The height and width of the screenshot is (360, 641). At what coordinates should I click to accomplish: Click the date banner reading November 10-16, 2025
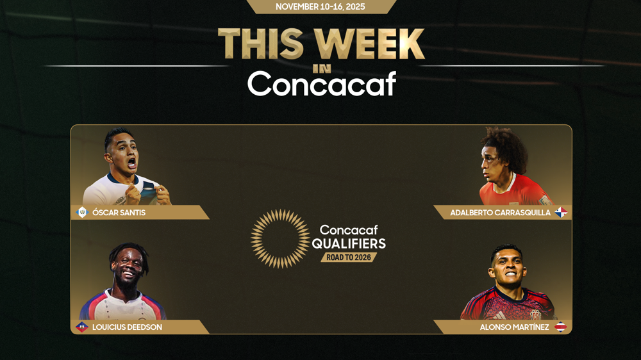pyautogui.click(x=320, y=6)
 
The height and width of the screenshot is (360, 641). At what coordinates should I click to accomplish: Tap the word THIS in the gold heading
pyautogui.click(x=262, y=44)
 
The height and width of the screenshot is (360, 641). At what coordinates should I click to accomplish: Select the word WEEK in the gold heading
pyautogui.click(x=370, y=44)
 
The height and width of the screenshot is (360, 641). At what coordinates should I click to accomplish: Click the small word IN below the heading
pyautogui.click(x=322, y=69)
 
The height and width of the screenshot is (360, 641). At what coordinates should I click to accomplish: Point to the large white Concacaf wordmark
pyautogui.click(x=322, y=84)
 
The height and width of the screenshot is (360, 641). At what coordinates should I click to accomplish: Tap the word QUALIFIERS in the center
pyautogui.click(x=349, y=243)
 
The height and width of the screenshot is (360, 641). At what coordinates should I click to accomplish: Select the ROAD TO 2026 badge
pyautogui.click(x=349, y=258)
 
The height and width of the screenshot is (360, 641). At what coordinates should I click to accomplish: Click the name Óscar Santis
pyautogui.click(x=119, y=213)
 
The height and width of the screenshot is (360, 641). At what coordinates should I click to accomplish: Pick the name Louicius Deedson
pyautogui.click(x=127, y=327)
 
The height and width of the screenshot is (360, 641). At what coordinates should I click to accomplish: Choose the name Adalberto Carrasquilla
pyautogui.click(x=501, y=213)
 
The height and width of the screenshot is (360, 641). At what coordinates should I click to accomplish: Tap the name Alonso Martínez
pyautogui.click(x=514, y=327)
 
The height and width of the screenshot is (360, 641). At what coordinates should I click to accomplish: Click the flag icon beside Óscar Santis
pyautogui.click(x=82, y=213)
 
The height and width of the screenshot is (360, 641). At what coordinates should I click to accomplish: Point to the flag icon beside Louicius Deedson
pyautogui.click(x=82, y=327)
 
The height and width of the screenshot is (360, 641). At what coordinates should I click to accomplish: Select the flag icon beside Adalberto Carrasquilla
pyautogui.click(x=561, y=213)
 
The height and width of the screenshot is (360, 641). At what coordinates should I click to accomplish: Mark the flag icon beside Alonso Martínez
pyautogui.click(x=560, y=327)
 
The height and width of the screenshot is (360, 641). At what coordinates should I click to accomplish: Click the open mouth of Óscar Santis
pyautogui.click(x=131, y=163)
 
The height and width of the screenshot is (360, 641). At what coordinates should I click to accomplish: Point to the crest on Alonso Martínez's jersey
pyautogui.click(x=535, y=315)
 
